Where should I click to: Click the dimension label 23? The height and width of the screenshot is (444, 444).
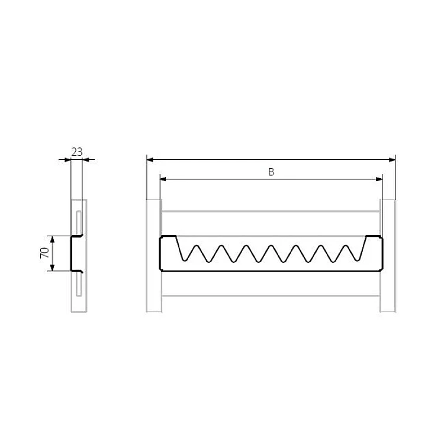[x=77, y=152]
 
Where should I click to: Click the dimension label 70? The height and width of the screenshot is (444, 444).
[x=45, y=253]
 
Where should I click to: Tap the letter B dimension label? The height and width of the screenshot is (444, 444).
[x=271, y=172]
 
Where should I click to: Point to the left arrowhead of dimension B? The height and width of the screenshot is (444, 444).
[x=163, y=179]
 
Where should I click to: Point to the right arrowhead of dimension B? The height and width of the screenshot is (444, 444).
[x=379, y=179]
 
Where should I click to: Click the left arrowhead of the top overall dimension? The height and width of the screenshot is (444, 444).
[x=150, y=160]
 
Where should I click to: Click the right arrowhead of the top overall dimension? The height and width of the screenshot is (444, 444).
[x=392, y=160]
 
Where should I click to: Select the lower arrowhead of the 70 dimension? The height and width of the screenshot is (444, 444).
[x=52, y=268]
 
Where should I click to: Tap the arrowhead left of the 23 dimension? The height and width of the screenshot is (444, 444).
[x=67, y=160]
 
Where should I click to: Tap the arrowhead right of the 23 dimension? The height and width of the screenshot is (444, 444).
[x=85, y=160]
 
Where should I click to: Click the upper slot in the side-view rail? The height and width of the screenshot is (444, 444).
[x=79, y=223]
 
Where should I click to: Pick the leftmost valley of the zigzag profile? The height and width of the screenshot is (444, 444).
[x=185, y=260]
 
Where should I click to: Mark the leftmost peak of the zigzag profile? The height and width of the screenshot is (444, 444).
[x=197, y=246]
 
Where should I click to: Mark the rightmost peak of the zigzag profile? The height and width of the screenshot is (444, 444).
[x=345, y=246]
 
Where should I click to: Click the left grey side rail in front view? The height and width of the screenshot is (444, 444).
[x=154, y=256]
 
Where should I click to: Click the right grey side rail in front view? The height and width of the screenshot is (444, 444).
[x=387, y=256]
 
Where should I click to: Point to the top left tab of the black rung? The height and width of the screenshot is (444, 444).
[x=169, y=236]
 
